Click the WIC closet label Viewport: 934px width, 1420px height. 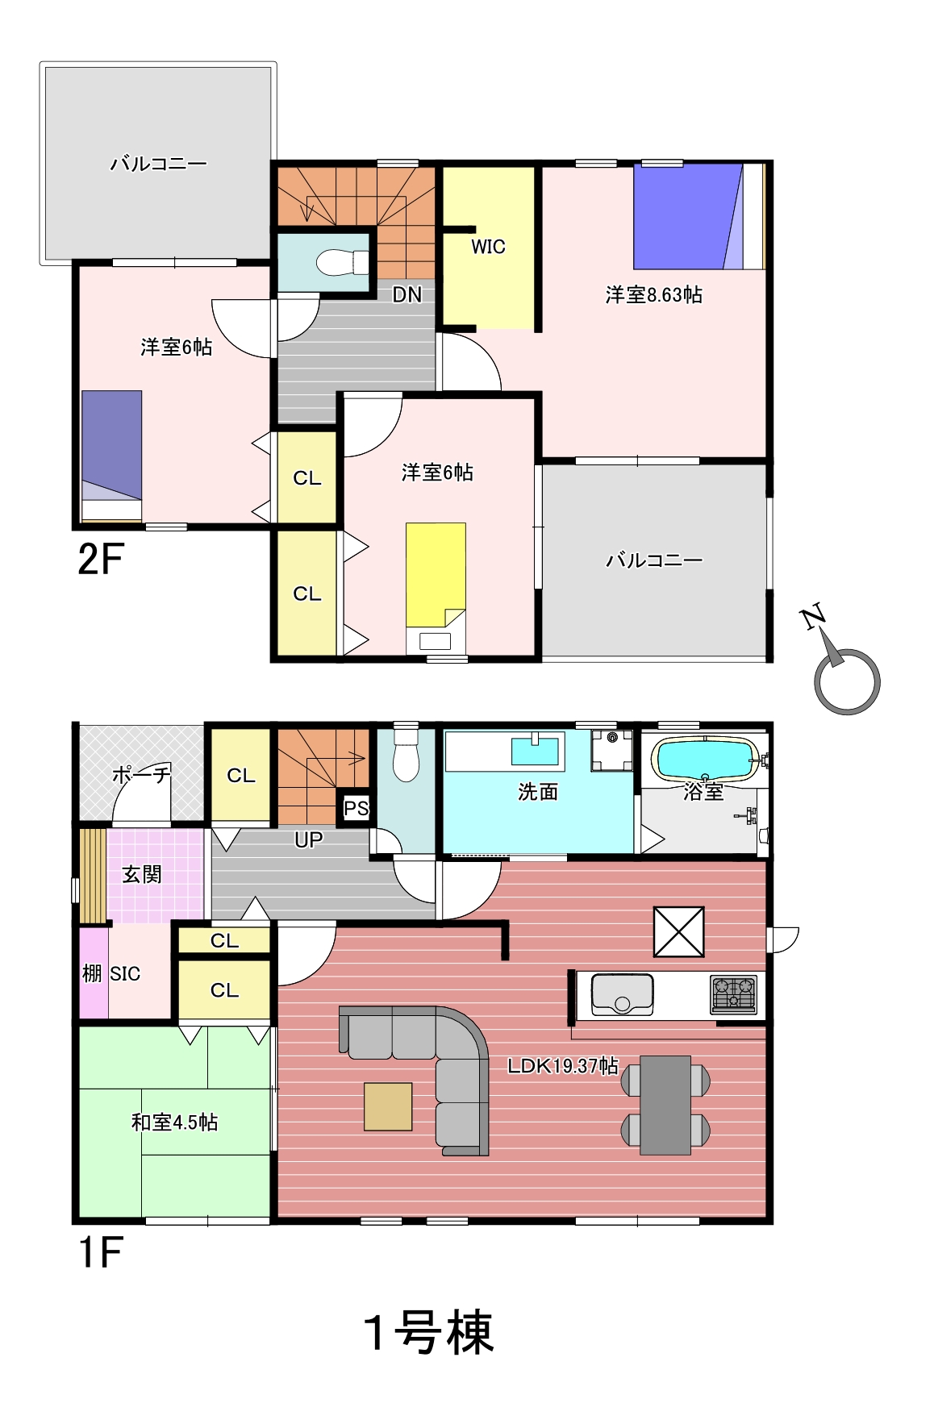click(x=488, y=247)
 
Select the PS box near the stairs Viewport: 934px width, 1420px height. click(x=356, y=808)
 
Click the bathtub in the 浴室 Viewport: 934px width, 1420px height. click(x=705, y=760)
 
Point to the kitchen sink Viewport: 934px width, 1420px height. click(x=622, y=994)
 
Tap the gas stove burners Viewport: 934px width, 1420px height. click(x=734, y=994)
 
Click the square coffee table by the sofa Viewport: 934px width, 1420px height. click(x=388, y=1106)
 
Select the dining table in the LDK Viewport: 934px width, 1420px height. click(x=665, y=1105)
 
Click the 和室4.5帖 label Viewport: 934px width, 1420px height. click(x=174, y=1122)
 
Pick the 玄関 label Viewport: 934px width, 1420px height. click(x=142, y=874)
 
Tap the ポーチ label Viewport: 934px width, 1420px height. click(x=141, y=775)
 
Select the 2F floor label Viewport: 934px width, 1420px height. click(x=101, y=559)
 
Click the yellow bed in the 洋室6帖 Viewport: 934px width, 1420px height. click(x=436, y=574)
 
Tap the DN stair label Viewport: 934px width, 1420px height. click(x=407, y=294)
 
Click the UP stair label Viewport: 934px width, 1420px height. click(x=308, y=839)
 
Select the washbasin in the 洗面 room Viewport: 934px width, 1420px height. click(x=536, y=751)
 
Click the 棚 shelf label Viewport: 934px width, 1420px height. click(x=91, y=973)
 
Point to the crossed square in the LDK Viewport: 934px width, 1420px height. click(x=679, y=931)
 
